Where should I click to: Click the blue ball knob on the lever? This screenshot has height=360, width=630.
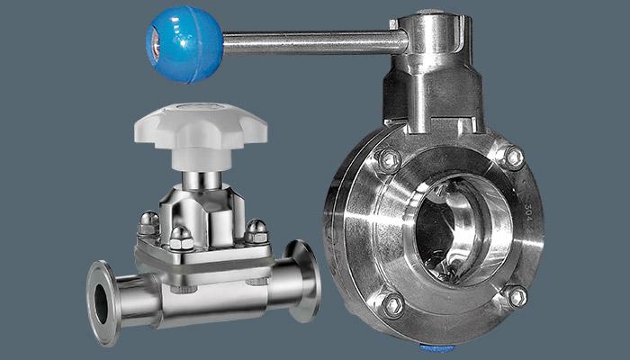click(184, 42)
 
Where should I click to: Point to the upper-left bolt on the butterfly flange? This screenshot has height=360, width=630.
click(388, 160)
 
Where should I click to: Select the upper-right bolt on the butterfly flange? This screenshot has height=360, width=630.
click(511, 157)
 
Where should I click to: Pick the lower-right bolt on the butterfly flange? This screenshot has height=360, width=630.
click(515, 296)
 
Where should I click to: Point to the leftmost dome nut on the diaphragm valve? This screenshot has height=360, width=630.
click(149, 222)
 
